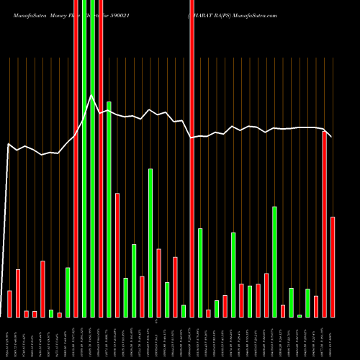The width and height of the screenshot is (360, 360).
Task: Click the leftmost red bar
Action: (x=9, y=303)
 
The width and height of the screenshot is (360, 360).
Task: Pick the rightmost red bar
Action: (x=333, y=266)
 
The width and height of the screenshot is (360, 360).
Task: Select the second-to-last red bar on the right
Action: (x=325, y=224)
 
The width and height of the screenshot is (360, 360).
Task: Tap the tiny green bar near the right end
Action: (x=300, y=315)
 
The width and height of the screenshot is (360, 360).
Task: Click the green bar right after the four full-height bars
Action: (x=109, y=209)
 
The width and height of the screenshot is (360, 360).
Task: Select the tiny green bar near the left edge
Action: (x=51, y=313)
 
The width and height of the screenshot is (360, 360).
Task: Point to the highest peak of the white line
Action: (x=91, y=94)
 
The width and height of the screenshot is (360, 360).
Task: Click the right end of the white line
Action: (x=332, y=137)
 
